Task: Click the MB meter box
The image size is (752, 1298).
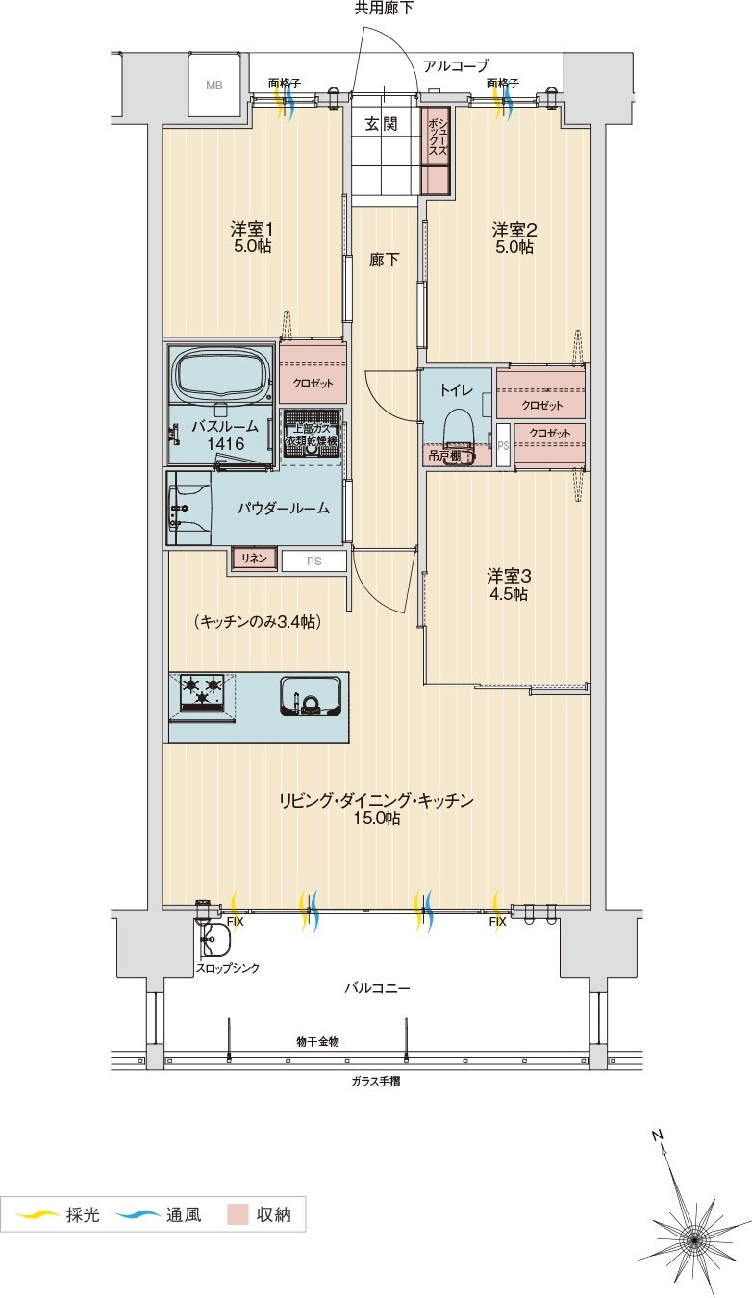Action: [213, 84]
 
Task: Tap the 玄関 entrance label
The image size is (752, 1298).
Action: [382, 124]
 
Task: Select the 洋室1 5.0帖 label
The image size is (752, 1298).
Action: [252, 237]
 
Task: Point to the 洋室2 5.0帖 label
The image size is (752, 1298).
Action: [514, 237]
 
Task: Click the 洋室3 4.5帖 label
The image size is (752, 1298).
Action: [507, 585]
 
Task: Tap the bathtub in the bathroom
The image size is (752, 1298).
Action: [221, 375]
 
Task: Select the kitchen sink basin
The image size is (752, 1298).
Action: [310, 695]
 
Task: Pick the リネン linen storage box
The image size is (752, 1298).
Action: [254, 559]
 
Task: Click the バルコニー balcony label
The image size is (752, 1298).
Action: [377, 987]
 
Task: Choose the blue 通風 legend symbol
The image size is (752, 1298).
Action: [138, 1215]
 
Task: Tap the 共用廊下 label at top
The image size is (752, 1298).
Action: [383, 9]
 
